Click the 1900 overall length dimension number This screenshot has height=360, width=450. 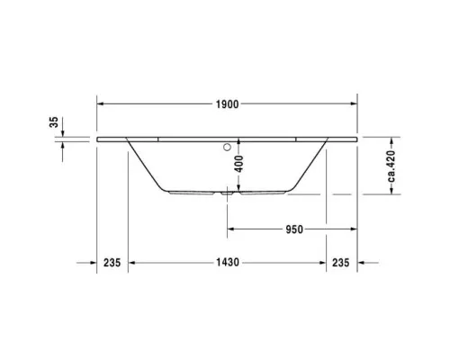tap(227, 104)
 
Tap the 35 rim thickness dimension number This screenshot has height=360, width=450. tap(54, 121)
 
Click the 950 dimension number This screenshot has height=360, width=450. tap(292, 229)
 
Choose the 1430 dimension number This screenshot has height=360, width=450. tap(228, 263)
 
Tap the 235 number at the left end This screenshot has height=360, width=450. tap(112, 263)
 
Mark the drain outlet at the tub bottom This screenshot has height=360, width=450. tap(227, 193)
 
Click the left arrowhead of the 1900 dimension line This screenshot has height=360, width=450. tap(100, 104)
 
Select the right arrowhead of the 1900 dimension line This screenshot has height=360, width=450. tap(354, 104)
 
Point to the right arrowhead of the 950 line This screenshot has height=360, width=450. tap(354, 229)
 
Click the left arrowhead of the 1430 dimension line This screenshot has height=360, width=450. tap(131, 263)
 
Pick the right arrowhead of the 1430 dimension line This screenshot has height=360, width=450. tap(322, 263)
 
